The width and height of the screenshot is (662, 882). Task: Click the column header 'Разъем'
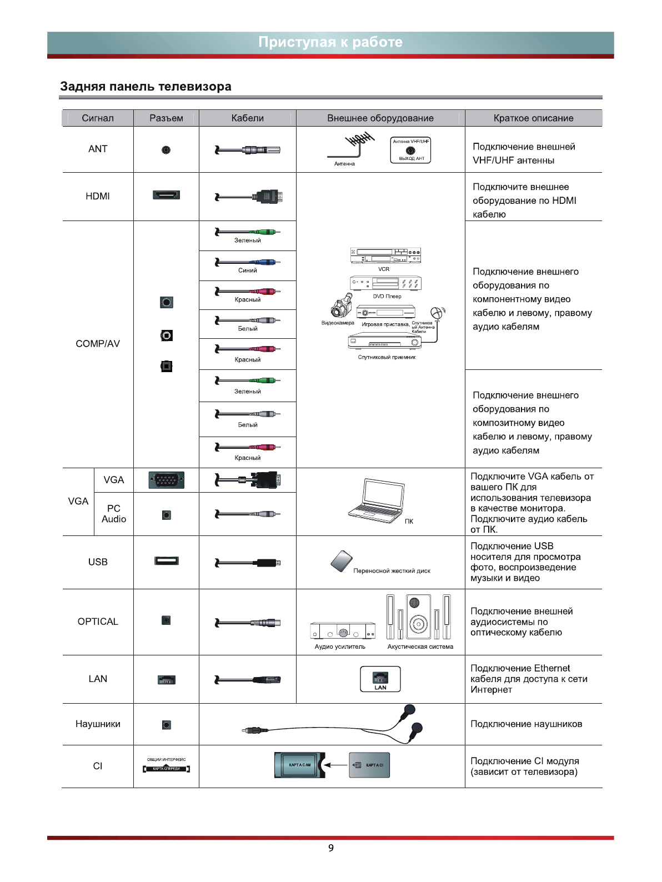point(166,118)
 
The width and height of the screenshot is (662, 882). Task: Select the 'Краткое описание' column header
point(533,118)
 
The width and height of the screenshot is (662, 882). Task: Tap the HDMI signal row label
point(98,196)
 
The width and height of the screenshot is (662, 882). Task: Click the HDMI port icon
point(166,195)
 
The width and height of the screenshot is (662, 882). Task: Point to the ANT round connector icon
point(166,150)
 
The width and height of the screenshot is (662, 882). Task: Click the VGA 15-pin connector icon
point(166,480)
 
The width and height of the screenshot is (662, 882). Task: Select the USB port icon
point(166,560)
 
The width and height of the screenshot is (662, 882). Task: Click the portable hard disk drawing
point(341,561)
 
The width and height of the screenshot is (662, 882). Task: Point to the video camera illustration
point(339,307)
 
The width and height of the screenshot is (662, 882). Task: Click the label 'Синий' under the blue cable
point(248,270)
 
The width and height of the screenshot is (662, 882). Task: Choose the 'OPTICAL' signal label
point(98,622)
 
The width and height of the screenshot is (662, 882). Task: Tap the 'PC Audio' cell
point(113,514)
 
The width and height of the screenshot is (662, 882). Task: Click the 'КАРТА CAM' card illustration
point(300,765)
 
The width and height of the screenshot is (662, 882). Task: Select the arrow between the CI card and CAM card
point(335,765)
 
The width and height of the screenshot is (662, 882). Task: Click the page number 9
point(331,848)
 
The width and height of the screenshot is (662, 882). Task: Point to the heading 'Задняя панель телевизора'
point(146,87)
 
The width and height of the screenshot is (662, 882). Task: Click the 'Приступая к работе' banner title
point(330,42)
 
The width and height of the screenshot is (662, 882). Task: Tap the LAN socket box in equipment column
point(380,679)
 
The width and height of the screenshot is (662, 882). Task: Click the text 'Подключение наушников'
point(526,724)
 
